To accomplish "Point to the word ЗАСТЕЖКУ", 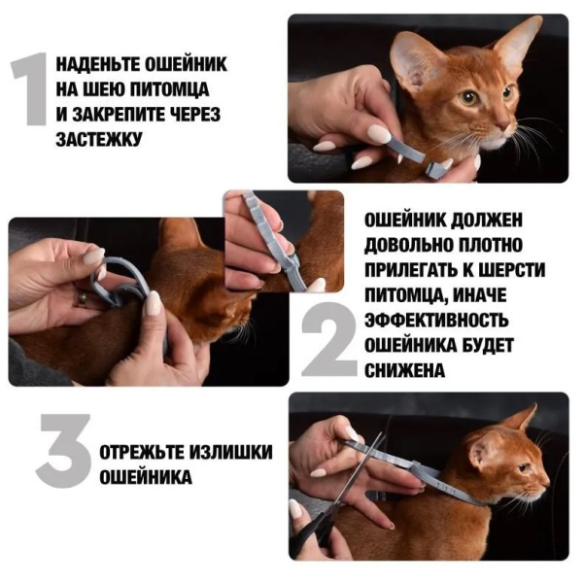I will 99,139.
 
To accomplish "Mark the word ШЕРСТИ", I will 510,268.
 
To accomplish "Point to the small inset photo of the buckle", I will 283,241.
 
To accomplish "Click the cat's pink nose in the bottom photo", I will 541,467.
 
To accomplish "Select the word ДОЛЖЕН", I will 493,218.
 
